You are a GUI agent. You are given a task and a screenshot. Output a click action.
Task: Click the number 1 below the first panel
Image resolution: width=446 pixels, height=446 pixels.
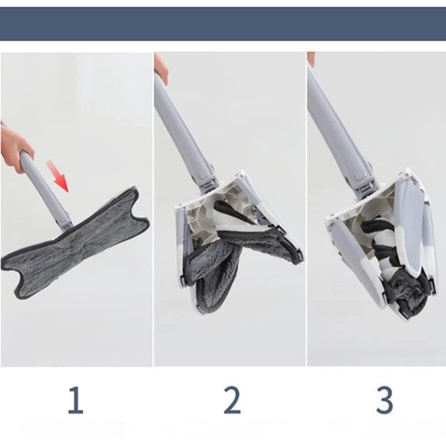(x=75, y=400)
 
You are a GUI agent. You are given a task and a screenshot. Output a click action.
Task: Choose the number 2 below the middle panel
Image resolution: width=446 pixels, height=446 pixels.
(x=232, y=400)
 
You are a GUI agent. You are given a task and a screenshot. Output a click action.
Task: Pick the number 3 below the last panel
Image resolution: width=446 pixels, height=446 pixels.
(x=384, y=400)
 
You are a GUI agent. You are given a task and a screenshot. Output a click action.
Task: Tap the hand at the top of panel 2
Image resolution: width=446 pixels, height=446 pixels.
(x=161, y=67)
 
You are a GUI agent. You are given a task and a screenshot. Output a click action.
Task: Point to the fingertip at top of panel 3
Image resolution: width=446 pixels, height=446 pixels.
(x=311, y=59)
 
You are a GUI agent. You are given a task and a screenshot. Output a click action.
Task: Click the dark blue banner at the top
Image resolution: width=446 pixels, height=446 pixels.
(x=223, y=23)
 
